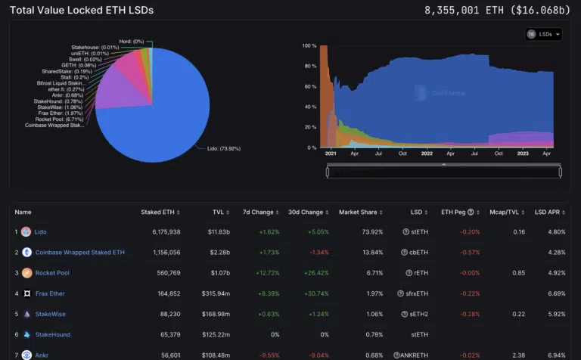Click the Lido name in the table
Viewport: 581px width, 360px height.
pyautogui.click(x=40, y=232)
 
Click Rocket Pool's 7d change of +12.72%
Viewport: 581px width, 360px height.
pyautogui.click(x=264, y=273)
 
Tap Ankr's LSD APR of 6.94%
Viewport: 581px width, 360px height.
pyautogui.click(x=555, y=355)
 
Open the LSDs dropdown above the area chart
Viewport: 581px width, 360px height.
pyautogui.click(x=544, y=34)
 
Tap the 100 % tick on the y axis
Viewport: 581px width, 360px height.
pyautogui.click(x=308, y=45)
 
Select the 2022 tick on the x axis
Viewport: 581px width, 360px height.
pyautogui.click(x=427, y=154)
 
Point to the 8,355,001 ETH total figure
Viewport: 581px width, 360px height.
pyautogui.click(x=464, y=11)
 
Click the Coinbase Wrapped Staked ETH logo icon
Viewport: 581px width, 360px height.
pyautogui.click(x=26, y=253)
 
